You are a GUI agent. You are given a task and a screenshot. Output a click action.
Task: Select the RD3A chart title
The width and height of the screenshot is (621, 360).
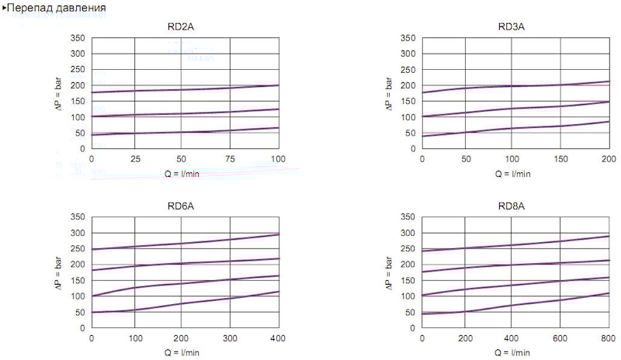[512, 26]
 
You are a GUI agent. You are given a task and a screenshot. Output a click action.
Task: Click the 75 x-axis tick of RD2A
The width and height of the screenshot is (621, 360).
[231, 159]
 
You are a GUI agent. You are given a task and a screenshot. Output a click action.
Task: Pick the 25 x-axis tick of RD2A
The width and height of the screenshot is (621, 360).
[136, 159]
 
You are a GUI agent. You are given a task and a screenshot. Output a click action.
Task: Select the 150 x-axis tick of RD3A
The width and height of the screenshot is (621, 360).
[559, 159]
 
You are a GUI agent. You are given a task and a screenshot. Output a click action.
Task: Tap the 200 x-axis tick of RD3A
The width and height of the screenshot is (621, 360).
[608, 159]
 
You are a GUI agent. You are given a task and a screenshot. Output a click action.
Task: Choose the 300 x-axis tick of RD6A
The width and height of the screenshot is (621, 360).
[231, 339]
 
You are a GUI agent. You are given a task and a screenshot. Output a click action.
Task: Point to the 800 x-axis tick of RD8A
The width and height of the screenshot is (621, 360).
[608, 339]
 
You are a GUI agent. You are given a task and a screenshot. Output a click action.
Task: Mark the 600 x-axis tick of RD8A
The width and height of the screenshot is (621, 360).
[559, 339]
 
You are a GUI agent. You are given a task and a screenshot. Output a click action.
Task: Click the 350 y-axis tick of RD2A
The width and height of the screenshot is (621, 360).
[78, 38]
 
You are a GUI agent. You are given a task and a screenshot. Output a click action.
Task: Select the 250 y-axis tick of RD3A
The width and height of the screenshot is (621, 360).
[408, 70]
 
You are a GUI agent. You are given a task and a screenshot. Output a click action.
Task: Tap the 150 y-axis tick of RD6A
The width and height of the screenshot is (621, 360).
[78, 281]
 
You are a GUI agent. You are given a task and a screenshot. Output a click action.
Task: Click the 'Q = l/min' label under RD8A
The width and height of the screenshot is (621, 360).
[514, 353]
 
